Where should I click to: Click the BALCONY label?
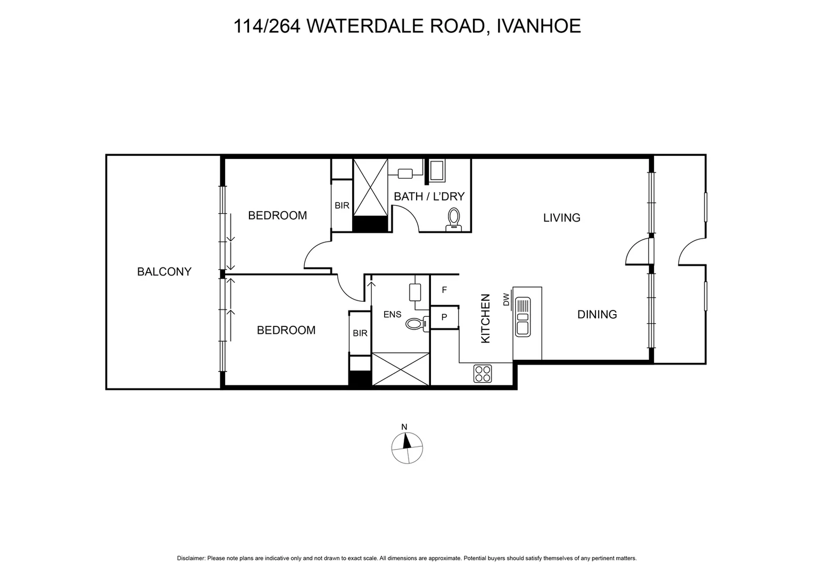[164, 272]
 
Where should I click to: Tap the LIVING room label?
[561, 217]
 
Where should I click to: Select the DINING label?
[597, 314]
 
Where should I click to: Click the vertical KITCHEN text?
[485, 318]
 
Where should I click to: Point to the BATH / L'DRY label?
[429, 196]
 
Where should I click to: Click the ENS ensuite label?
[392, 314]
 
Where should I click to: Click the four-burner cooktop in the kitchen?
[483, 374]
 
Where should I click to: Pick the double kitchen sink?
[522, 317]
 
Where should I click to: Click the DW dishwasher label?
[506, 300]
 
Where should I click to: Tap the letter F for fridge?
[444, 290]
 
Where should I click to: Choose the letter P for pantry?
[444, 317]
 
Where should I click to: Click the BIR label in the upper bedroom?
[342, 205]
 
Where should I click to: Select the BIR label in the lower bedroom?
[360, 333]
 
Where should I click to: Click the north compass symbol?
[407, 446]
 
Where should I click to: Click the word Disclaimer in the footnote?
[190, 558]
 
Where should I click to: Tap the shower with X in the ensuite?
[401, 368]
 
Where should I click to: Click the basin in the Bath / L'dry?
[405, 173]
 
